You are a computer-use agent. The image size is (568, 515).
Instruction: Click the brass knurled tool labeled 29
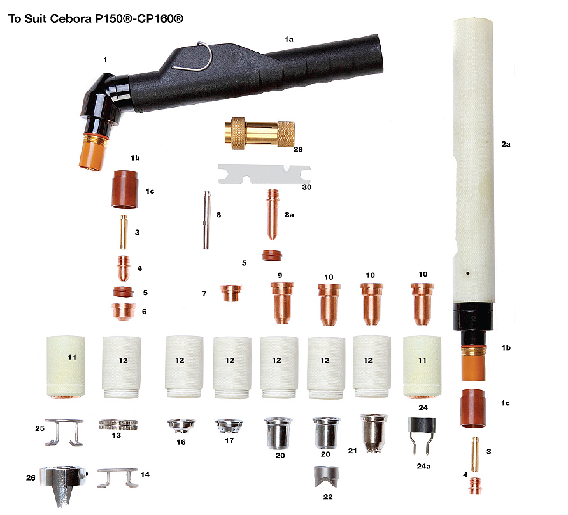[x=260, y=133]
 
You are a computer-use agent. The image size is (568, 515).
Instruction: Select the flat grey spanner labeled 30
[x=264, y=175]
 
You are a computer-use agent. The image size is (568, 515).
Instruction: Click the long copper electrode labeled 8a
[x=272, y=214]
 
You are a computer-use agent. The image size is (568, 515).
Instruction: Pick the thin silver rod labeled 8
[x=206, y=220]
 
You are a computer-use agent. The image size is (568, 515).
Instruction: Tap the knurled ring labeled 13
[x=118, y=424]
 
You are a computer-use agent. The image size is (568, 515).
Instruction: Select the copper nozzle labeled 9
[x=282, y=303]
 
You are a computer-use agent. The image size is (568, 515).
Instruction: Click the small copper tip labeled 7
[x=231, y=293]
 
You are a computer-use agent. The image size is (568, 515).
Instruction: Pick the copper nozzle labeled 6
[x=123, y=311]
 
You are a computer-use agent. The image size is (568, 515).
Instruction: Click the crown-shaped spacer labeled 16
[x=181, y=425]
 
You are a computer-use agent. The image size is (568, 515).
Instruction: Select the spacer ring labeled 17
[x=229, y=426]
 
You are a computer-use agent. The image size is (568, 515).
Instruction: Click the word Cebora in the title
[x=71, y=18]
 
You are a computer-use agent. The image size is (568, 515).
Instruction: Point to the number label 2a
[x=506, y=144]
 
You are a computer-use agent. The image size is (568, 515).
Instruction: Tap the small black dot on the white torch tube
[x=468, y=273]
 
